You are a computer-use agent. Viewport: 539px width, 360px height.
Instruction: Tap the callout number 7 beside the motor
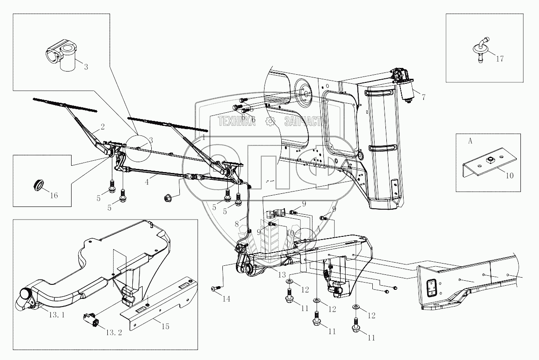(423, 96)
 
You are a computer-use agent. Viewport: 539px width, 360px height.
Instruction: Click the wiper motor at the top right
(403, 84)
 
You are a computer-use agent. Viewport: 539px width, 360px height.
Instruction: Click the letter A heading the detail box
(470, 141)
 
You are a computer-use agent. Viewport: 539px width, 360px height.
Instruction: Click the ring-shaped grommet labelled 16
(40, 184)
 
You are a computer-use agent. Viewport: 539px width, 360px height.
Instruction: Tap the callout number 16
(54, 196)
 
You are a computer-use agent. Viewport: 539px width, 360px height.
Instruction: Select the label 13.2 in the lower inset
(114, 332)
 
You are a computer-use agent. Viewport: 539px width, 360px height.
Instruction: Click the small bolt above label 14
(215, 288)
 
